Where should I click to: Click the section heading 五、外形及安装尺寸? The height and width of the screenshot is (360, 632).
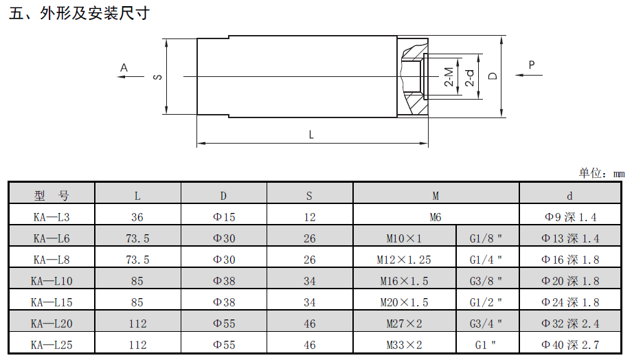click(79, 13)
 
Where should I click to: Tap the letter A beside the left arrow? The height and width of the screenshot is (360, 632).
click(124, 68)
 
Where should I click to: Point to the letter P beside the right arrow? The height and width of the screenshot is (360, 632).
click(532, 65)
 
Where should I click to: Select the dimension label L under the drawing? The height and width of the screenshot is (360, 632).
click(311, 135)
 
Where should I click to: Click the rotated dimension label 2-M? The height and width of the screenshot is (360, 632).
click(449, 76)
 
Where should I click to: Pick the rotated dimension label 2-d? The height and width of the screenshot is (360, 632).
click(470, 78)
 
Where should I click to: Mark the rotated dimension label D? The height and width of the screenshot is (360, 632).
click(493, 76)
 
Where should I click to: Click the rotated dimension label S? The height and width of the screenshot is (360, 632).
click(157, 77)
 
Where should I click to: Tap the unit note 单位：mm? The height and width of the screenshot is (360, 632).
click(602, 173)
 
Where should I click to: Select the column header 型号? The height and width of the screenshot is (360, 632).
click(52, 196)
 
